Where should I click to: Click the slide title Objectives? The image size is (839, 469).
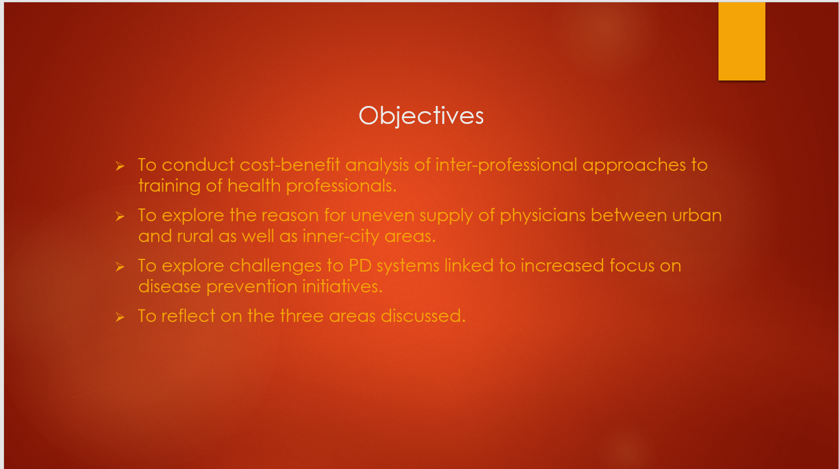[421, 116]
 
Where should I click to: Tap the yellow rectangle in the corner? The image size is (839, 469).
[742, 41]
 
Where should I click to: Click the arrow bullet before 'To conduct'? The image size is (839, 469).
[120, 166]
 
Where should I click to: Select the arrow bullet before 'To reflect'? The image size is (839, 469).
[120, 317]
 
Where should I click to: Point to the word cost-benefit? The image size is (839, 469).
[290, 165]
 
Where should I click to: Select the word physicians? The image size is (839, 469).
[543, 216]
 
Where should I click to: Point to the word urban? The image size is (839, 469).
[696, 215]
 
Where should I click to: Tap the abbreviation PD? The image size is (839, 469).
[360, 266]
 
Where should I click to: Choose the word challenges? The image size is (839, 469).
[275, 266]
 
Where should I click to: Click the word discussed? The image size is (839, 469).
[423, 316]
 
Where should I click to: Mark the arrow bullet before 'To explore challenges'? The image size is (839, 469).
[120, 267]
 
